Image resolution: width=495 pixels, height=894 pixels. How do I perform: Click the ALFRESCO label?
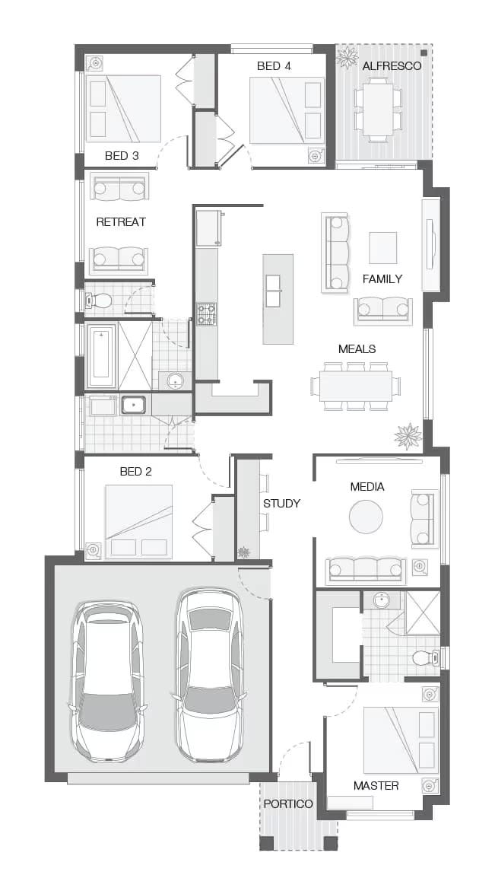pos(392,66)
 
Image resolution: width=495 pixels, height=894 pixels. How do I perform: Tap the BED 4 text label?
pos(274,66)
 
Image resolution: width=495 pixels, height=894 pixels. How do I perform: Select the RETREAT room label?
pos(121,222)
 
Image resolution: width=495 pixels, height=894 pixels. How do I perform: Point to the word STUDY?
pos(281,503)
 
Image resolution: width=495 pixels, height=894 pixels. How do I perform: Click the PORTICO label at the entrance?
pos(288,804)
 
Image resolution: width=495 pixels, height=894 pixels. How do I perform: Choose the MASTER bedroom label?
pos(376,785)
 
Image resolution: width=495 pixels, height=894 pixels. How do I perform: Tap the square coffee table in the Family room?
pos(382,247)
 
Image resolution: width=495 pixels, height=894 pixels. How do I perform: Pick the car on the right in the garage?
pos(209,675)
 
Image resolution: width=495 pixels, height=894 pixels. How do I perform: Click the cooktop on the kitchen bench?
pos(207,313)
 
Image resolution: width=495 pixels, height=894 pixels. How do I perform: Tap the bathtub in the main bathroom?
pos(100,356)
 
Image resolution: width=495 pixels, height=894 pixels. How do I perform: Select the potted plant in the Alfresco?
pos(347,58)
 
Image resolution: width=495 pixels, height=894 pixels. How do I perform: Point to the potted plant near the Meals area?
pos(408,436)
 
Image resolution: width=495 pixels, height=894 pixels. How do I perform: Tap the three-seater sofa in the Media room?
pos(364,569)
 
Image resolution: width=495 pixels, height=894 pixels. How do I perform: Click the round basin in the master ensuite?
pos(381,601)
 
